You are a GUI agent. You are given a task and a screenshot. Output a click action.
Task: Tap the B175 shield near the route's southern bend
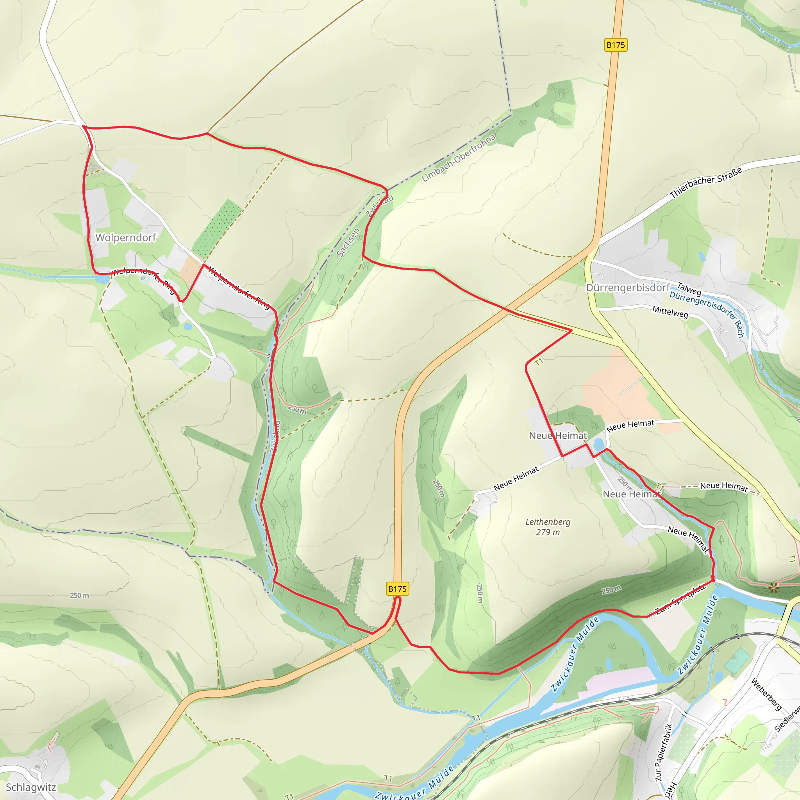click(397, 589)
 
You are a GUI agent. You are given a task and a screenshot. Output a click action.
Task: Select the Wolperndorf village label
click(126, 237)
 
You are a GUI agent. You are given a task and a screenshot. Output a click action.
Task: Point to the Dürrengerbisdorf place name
click(628, 288)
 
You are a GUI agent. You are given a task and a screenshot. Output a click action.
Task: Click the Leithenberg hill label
click(548, 522)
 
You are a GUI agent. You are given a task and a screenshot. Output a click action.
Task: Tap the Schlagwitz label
click(30, 787)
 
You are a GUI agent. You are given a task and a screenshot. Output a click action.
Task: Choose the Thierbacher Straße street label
click(705, 182)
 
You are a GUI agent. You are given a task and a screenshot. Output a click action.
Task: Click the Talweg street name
click(689, 288)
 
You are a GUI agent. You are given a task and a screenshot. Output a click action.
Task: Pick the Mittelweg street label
click(670, 312)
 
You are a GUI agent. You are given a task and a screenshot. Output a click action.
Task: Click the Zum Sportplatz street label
click(680, 599)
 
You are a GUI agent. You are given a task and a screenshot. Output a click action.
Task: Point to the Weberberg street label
click(766, 694)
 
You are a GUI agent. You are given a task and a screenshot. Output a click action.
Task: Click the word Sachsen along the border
click(348, 243)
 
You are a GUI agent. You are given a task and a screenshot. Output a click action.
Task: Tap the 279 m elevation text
click(548, 532)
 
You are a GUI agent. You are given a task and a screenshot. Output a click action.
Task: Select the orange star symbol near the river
click(773, 587)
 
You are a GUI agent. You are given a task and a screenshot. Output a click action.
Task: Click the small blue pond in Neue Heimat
click(598, 446)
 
